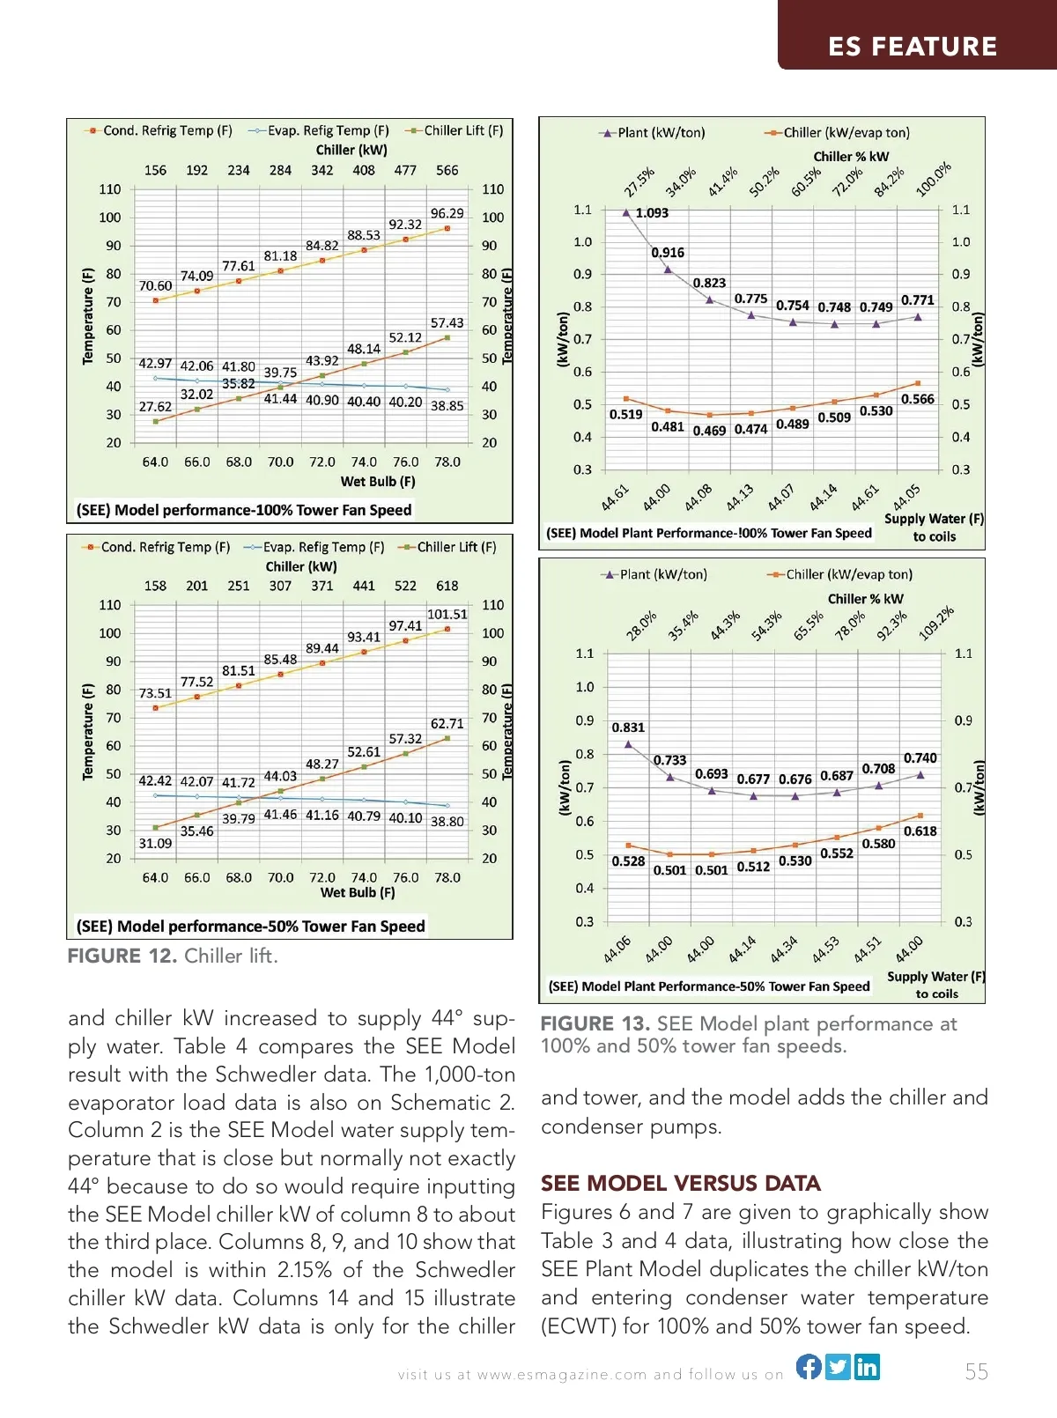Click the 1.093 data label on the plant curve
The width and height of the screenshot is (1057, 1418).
pyautogui.click(x=652, y=213)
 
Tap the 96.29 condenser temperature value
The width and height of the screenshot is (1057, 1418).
pyautogui.click(x=447, y=213)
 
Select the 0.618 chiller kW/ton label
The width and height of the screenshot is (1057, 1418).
pyautogui.click(x=920, y=831)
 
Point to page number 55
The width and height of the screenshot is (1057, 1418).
pyautogui.click(x=976, y=1371)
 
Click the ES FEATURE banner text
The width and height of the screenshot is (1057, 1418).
pyautogui.click(x=913, y=47)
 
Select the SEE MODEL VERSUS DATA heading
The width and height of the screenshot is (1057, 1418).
pyautogui.click(x=680, y=1183)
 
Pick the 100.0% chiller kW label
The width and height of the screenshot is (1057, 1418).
pyautogui.click(x=933, y=180)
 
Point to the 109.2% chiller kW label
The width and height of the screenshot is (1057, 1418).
pyautogui.click(x=935, y=624)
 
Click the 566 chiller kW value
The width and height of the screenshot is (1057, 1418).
pyautogui.click(x=447, y=170)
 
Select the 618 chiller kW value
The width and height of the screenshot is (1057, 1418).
pyautogui.click(x=447, y=586)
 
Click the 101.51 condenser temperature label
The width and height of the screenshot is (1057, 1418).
pyautogui.click(x=447, y=614)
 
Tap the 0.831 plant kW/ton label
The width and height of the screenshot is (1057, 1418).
pyautogui.click(x=628, y=727)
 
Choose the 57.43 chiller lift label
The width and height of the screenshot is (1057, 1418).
pyautogui.click(x=447, y=323)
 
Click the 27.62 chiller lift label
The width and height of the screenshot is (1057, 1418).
pyautogui.click(x=155, y=407)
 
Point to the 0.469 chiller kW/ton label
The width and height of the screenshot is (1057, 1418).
pyautogui.click(x=709, y=431)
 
